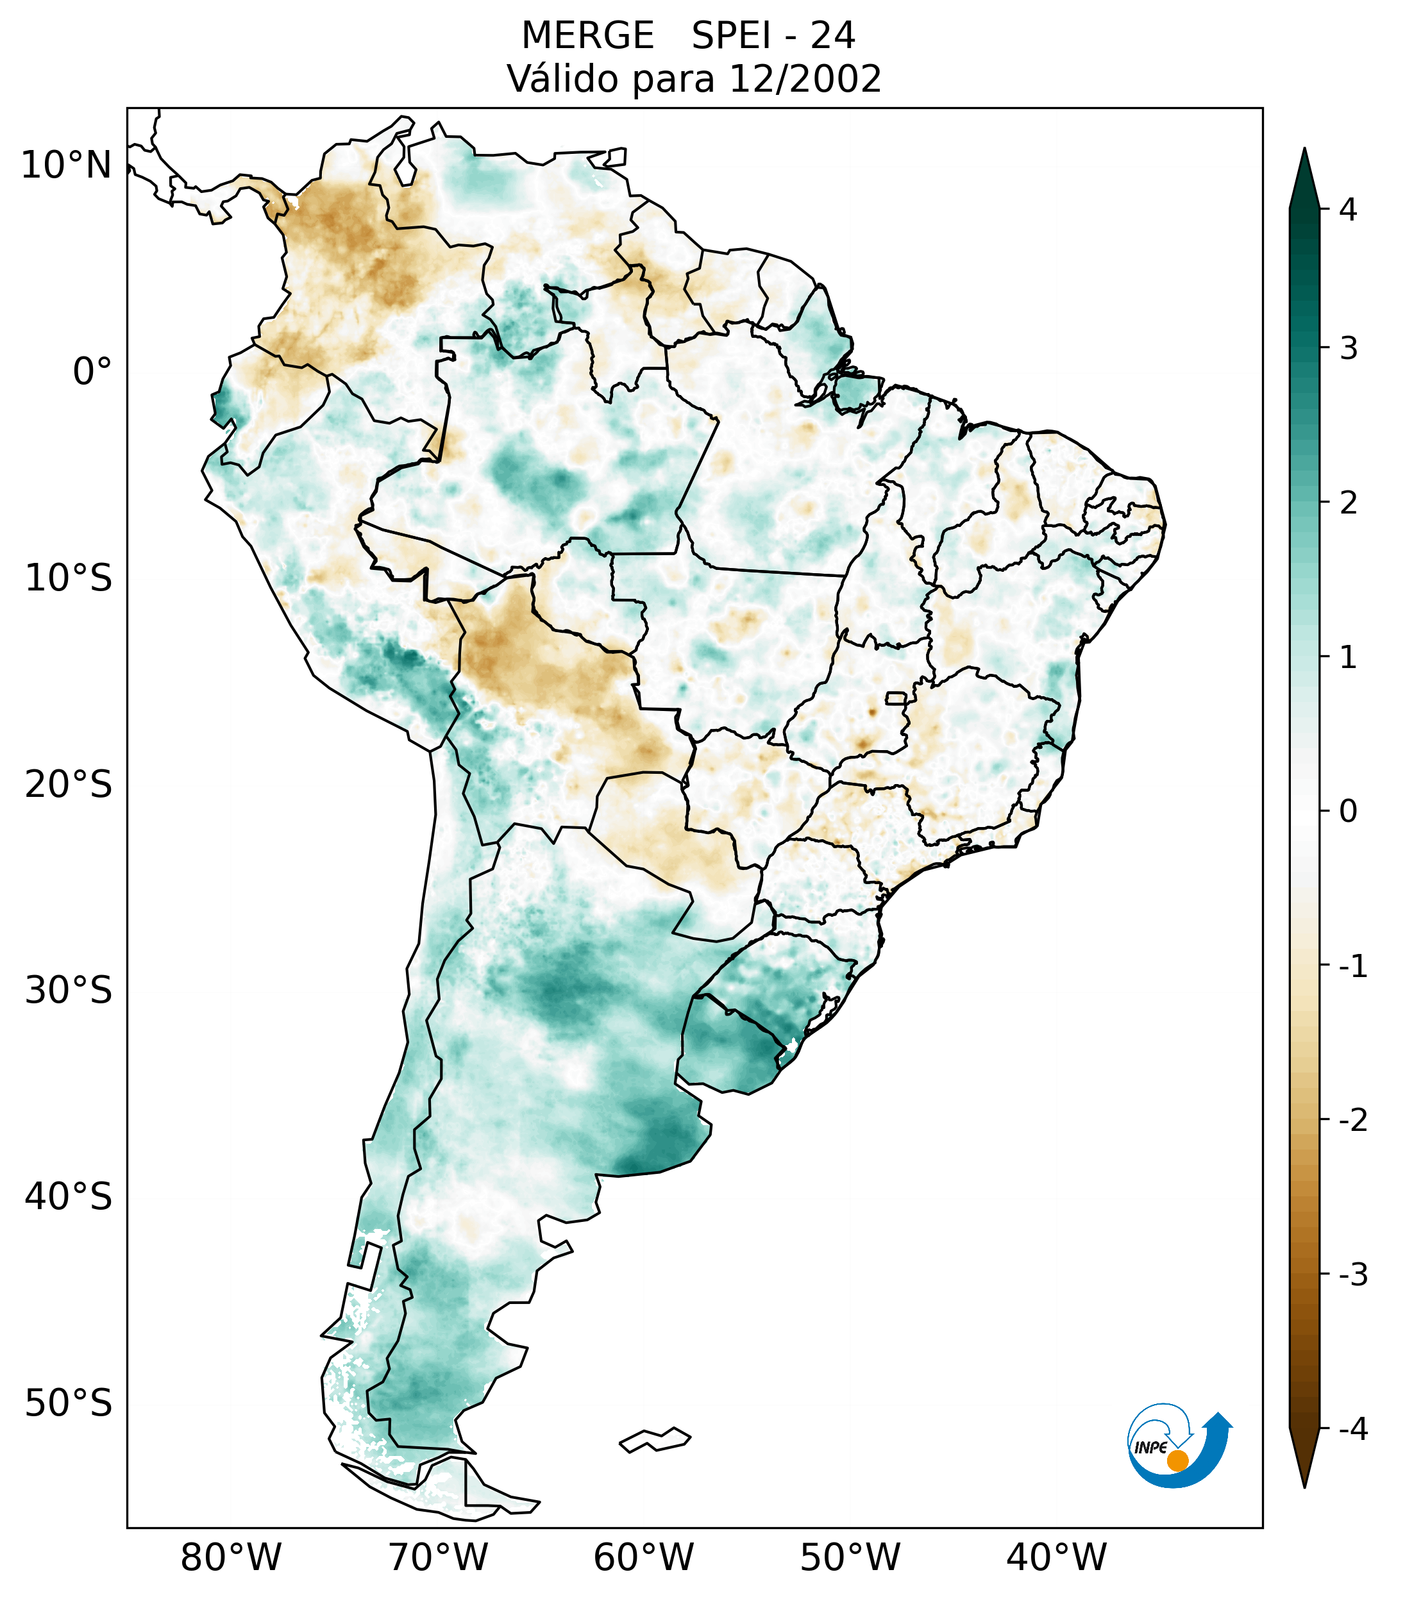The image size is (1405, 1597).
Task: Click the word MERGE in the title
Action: pyautogui.click(x=587, y=36)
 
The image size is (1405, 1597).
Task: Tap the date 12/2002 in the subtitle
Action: pyautogui.click(x=805, y=79)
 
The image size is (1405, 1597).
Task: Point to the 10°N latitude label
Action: pyautogui.click(x=67, y=165)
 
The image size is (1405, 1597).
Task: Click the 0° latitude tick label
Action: pyautogui.click(x=92, y=372)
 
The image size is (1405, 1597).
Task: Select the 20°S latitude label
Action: pyautogui.click(x=69, y=785)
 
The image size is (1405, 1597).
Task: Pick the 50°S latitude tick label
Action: pyautogui.click(x=69, y=1404)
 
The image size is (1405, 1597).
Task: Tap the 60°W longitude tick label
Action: pyautogui.click(x=643, y=1558)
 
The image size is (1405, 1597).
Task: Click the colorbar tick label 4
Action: pyautogui.click(x=1348, y=210)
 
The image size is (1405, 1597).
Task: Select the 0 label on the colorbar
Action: pyautogui.click(x=1348, y=812)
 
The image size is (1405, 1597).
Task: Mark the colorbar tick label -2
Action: pyautogui.click(x=1352, y=1121)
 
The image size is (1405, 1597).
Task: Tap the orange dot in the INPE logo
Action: pyautogui.click(x=1177, y=1460)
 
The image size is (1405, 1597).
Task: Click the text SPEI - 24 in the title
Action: pyautogui.click(x=773, y=36)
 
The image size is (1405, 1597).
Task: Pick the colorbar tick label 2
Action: pyautogui.click(x=1348, y=503)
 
